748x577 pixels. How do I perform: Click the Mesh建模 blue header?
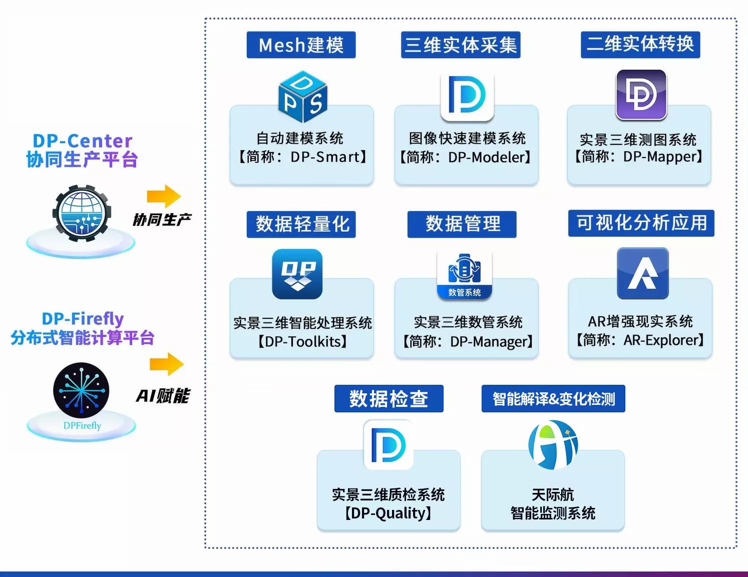[301, 45]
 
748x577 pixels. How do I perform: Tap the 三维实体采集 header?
[461, 45]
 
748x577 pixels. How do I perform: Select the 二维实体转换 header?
[640, 44]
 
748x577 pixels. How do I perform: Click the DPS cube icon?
[302, 97]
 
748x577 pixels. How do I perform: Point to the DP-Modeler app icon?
[467, 97]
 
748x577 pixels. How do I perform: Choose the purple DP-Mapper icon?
[641, 95]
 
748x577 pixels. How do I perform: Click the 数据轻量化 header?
[301, 224]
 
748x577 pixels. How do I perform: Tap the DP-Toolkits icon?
[297, 274]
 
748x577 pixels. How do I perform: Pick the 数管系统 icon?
[464, 275]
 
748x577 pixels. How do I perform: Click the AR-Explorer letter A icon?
[643, 273]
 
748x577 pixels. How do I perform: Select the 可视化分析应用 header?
[641, 223]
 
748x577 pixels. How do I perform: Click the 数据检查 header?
[389, 398]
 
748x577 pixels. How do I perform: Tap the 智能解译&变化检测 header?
[553, 398]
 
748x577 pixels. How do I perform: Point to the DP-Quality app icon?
[389, 445]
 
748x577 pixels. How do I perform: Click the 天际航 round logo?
[553, 444]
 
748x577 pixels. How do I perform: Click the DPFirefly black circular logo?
[81, 390]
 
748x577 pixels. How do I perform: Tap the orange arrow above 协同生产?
[164, 196]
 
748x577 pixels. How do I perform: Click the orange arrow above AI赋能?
[167, 364]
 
